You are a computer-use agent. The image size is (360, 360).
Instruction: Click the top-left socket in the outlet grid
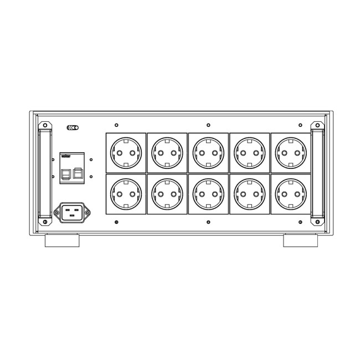125,152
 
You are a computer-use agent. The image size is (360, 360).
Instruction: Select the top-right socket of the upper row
290,152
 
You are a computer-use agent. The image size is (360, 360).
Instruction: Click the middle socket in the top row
208,152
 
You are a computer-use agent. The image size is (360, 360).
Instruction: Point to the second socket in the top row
167,152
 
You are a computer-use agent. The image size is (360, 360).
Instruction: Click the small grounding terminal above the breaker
73,128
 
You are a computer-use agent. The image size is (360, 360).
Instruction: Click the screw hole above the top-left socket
116,125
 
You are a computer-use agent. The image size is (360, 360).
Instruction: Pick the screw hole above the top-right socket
300,125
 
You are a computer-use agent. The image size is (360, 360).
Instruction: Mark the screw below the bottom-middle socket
208,222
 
